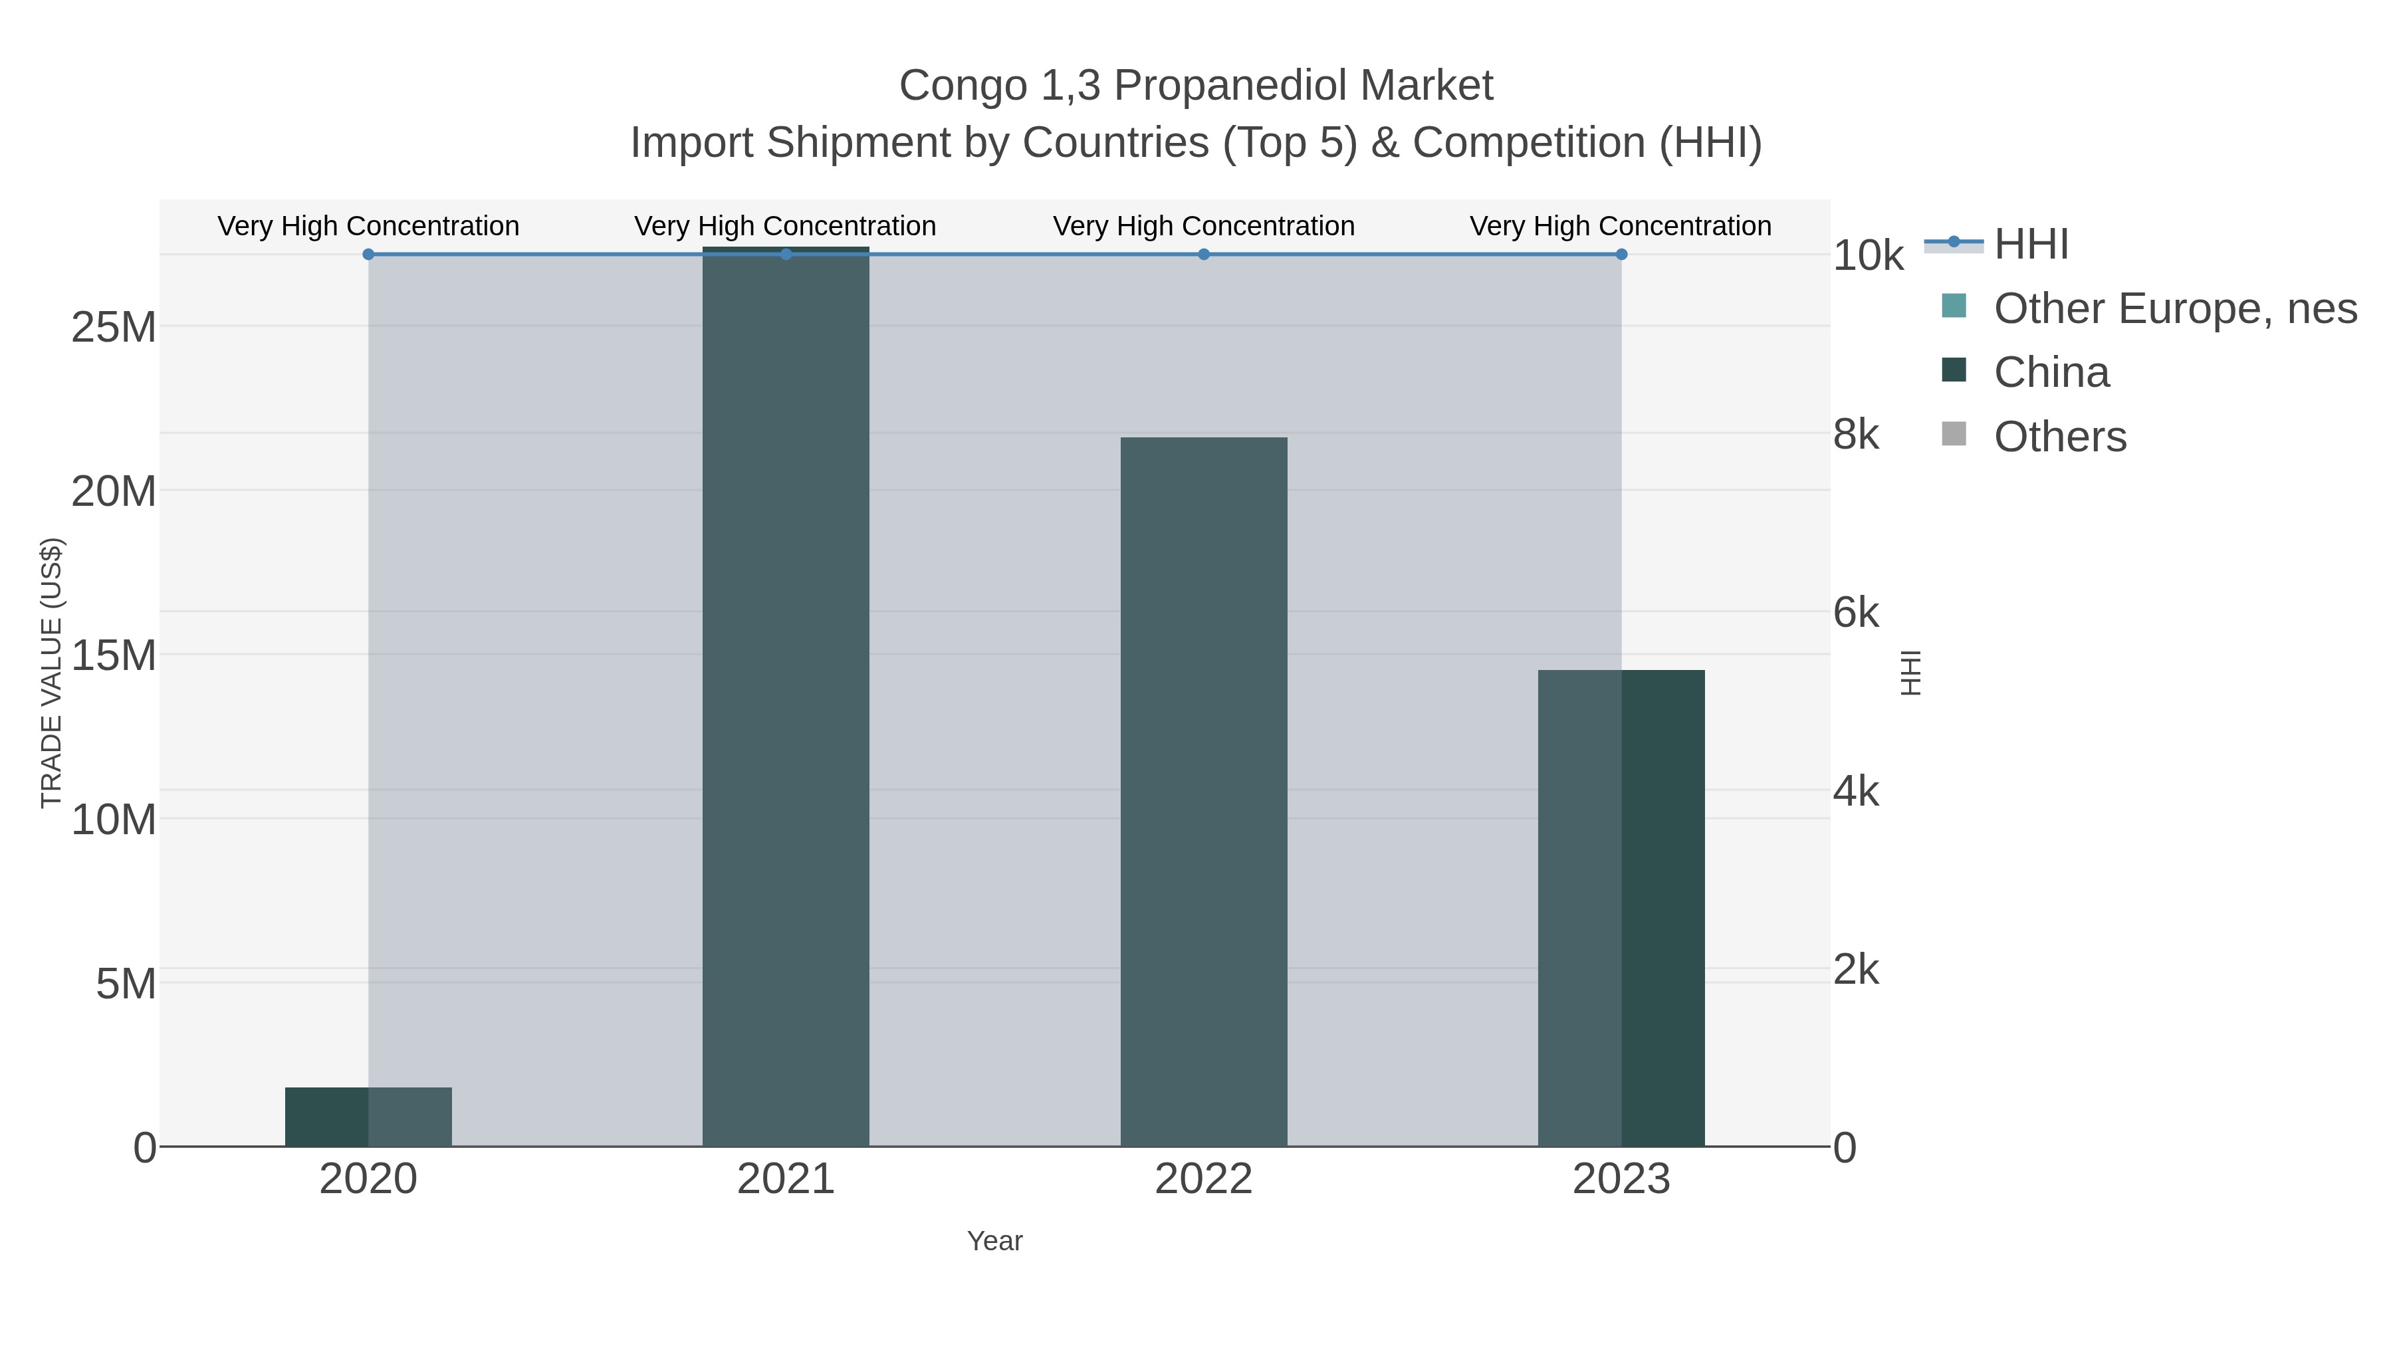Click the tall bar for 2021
(785, 697)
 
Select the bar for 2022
(1203, 790)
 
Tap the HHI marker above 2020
(369, 254)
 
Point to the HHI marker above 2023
(1621, 254)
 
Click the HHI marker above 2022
(1203, 254)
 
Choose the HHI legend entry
(2031, 245)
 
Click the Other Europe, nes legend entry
(2174, 308)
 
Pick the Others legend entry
(2059, 437)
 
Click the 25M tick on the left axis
(113, 327)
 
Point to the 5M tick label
(126, 984)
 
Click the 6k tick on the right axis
(1855, 613)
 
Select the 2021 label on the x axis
(785, 1180)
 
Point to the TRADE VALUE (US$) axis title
(51, 673)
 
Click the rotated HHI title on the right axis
(1910, 673)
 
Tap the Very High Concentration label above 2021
(785, 226)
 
